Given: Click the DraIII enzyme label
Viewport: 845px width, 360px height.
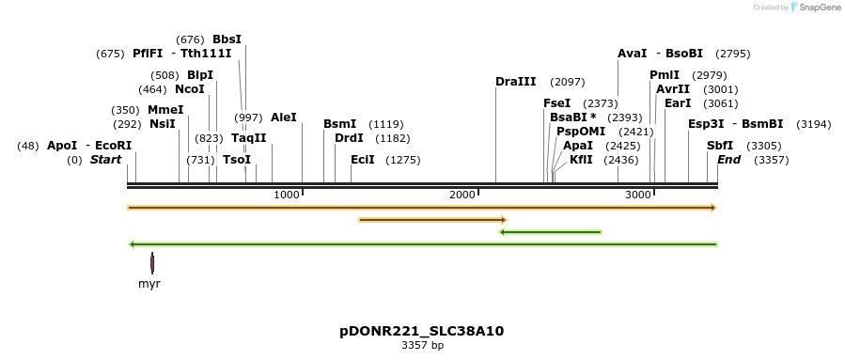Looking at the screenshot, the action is pos(515,82).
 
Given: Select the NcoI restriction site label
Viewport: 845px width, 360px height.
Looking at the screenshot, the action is pos(189,89).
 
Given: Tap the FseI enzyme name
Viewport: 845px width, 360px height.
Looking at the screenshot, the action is pos(556,103).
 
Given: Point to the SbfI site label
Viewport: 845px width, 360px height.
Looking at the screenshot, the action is pos(720,146).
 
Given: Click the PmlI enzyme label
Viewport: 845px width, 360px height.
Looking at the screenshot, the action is pos(664,75).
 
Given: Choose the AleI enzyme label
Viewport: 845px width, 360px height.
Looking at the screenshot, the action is pos(283,117).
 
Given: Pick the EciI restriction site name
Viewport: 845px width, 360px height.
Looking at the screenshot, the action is pos(363,160).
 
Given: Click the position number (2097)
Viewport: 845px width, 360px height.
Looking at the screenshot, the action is pos(567,82).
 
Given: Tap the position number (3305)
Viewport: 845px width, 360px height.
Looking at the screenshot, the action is pos(763,146).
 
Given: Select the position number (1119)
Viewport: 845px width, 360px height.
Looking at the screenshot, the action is pos(385,124).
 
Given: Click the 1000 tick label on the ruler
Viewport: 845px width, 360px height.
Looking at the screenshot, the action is pos(287,195).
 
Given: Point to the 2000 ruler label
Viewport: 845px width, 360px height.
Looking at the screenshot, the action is pos(462,195).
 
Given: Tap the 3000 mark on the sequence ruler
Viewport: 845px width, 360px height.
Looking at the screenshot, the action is pos(638,195).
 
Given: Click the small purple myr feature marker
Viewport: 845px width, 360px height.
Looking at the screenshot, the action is pos(152,263).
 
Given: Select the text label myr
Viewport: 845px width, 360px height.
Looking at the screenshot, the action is pos(149,283).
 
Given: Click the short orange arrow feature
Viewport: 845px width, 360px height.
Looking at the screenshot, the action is pos(432,220).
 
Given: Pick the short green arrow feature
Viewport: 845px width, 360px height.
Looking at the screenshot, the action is pos(550,231).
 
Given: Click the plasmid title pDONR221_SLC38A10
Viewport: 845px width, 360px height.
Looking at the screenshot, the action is pos(422,331).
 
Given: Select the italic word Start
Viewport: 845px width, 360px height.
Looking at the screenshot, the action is pos(105,160).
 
